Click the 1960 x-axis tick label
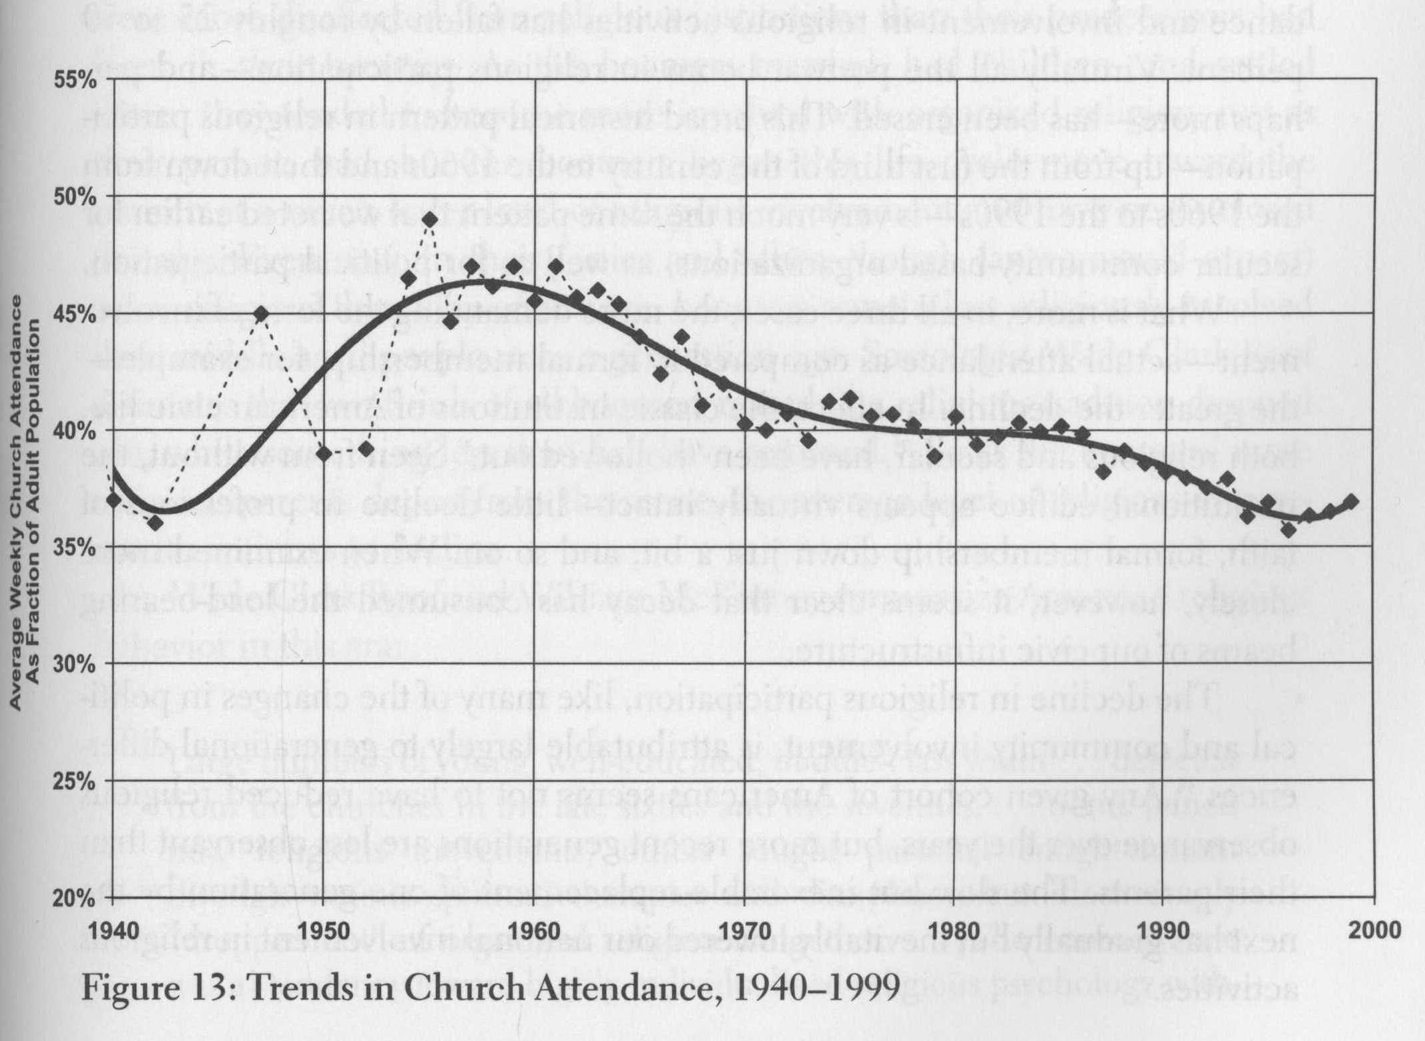pos(534,929)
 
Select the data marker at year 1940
pos(113,499)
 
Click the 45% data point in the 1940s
pos(262,313)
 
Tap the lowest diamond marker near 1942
pos(156,523)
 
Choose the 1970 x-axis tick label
pos(744,929)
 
